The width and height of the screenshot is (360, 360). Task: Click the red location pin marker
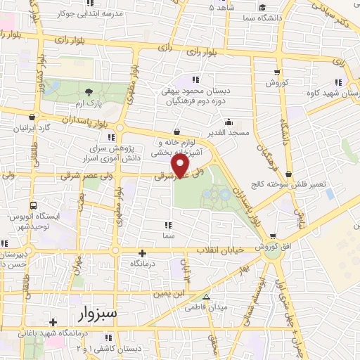click(181, 166)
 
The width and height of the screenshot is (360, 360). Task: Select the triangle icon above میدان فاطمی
click(205, 297)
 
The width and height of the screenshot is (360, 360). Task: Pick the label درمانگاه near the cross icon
click(143, 263)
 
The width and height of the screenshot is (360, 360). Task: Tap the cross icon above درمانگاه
click(143, 253)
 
